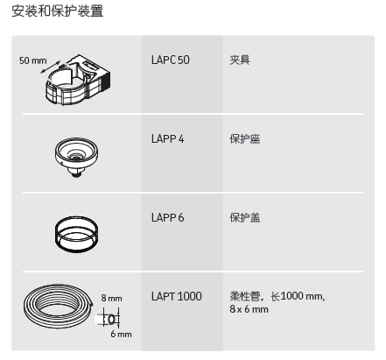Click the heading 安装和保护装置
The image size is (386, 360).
58,11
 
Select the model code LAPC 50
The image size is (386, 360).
171,60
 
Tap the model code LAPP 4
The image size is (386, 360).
168,139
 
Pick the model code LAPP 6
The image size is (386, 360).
168,218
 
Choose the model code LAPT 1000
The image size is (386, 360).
177,296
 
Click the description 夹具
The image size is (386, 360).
240,60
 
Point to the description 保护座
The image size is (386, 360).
245,138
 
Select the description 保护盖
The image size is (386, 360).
245,217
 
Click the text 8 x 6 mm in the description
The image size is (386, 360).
249,309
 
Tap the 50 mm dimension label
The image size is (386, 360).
33,60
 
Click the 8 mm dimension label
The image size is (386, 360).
111,298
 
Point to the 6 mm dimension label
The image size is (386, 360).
121,334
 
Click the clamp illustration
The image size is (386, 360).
78,80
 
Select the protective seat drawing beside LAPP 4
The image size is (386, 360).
76,157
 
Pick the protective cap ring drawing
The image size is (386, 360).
76,234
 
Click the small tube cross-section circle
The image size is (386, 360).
112,320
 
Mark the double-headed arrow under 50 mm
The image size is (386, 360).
51,67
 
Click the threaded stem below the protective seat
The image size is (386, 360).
76,173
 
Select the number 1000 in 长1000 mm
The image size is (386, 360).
292,296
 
